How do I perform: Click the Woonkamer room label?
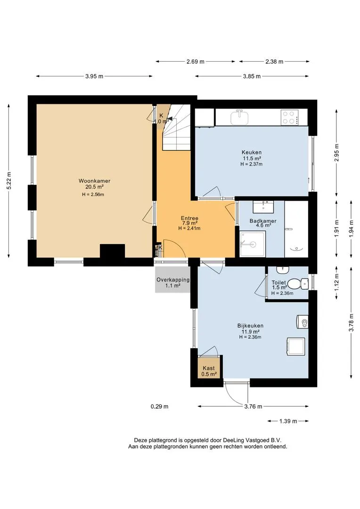pos(94,181)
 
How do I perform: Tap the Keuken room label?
pos(252,152)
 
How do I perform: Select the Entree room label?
pos(189,218)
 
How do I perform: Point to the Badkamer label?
pos(263,221)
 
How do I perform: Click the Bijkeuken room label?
pos(250,326)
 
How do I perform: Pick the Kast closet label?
pos(209,368)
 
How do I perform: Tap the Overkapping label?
pos(173,279)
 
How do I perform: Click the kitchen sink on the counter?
pos(240,117)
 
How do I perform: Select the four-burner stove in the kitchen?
pos(288,117)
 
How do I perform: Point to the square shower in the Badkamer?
pos(253,244)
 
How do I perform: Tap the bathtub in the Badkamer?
pos(296,229)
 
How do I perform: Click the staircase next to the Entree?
pos(176,127)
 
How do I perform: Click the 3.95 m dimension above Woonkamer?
pos(94,76)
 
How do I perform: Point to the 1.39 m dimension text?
pos(288,421)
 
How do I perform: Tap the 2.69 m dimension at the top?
pos(196,61)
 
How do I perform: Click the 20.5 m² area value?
pos(94,187)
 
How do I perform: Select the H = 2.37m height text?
pos(252,164)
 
